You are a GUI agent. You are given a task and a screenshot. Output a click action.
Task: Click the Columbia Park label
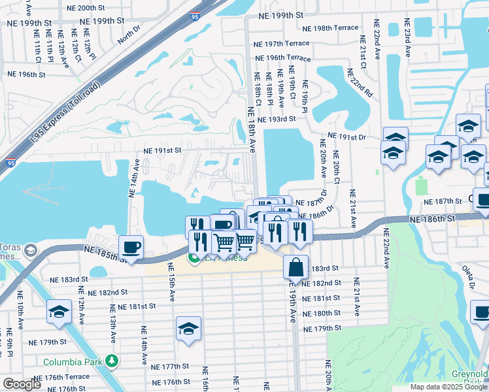click(72, 362)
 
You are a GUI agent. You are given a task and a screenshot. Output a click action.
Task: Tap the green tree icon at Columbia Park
click(112, 361)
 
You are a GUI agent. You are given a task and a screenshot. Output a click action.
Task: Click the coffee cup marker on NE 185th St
click(131, 247)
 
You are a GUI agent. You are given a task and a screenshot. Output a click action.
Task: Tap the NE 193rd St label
click(277, 119)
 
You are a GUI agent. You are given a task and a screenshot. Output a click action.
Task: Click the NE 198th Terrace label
click(331, 28)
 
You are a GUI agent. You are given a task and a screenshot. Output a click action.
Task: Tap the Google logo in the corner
click(22, 384)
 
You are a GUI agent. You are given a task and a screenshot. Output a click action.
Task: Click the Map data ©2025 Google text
click(447, 387)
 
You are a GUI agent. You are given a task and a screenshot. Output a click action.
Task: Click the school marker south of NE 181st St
click(188, 328)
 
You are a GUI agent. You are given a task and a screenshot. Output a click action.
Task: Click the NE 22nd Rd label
click(359, 82)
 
